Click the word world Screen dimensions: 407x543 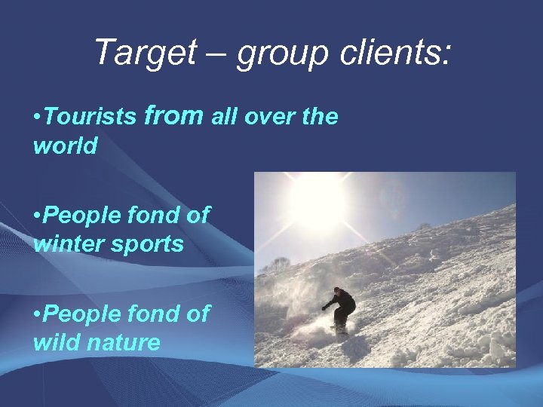[x=66, y=145]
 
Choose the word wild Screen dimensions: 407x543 [x=56, y=343]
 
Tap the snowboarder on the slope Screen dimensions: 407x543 [x=342, y=309]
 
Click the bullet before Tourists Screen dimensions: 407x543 [x=37, y=118]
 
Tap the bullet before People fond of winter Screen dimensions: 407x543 [x=37, y=216]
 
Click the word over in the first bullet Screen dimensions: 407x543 [x=259, y=118]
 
